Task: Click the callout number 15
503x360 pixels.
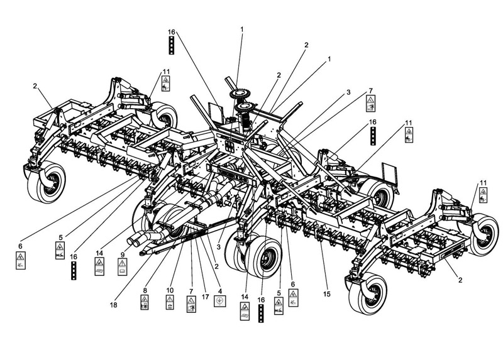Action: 326,294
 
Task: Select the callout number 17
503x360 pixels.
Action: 206,297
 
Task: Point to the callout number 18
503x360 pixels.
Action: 114,305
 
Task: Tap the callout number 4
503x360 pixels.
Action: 219,291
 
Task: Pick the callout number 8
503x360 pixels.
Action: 145,290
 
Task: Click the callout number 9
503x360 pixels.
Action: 122,255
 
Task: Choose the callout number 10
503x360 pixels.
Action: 170,290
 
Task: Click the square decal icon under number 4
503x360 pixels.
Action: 219,302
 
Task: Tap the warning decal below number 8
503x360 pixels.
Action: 145,303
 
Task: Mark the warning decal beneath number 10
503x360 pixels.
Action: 170,302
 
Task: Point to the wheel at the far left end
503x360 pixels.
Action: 47,182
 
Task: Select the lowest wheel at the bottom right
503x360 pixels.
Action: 368,293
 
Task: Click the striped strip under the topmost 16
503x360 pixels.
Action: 171,45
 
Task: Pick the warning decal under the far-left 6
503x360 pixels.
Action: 21,260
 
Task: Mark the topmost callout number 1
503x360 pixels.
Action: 242,30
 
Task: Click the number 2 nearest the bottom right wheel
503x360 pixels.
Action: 460,280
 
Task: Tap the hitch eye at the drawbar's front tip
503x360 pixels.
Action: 141,254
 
